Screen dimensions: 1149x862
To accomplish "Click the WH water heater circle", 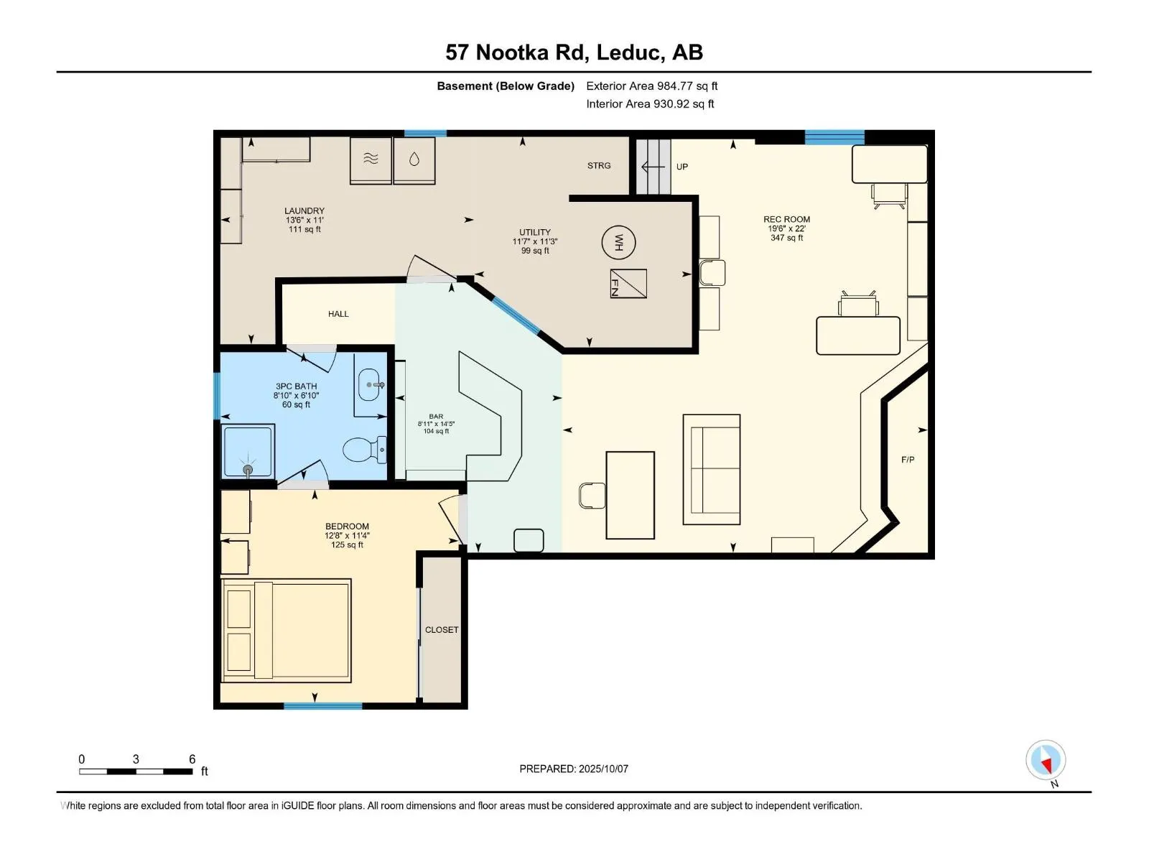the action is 618,242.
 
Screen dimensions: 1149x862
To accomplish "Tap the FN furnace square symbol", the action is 628,284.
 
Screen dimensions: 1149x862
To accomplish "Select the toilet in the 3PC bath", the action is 364,449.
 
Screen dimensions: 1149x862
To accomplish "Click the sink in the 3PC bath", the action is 371,385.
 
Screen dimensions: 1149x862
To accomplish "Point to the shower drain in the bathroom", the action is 248,470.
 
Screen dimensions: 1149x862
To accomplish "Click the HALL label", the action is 338,314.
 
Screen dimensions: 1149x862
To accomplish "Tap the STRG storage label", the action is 599,165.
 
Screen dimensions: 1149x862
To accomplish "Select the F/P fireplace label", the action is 908,460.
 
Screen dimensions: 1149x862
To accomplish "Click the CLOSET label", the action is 441,630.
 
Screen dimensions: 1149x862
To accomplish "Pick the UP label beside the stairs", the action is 682,167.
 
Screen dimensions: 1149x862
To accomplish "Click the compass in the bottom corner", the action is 1046,759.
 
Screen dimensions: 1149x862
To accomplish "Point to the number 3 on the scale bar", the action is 136,759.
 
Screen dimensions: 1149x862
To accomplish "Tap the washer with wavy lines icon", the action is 371,161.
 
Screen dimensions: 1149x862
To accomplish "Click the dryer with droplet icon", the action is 414,161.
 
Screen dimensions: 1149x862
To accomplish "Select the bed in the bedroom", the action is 286,630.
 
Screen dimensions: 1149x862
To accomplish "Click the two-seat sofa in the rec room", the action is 712,470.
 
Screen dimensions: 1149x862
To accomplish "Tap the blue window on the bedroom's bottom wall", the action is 323,706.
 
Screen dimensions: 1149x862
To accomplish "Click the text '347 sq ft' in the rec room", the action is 786,238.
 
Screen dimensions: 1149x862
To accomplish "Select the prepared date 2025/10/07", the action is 603,769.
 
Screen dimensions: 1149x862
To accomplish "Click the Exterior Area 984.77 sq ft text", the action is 652,85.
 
